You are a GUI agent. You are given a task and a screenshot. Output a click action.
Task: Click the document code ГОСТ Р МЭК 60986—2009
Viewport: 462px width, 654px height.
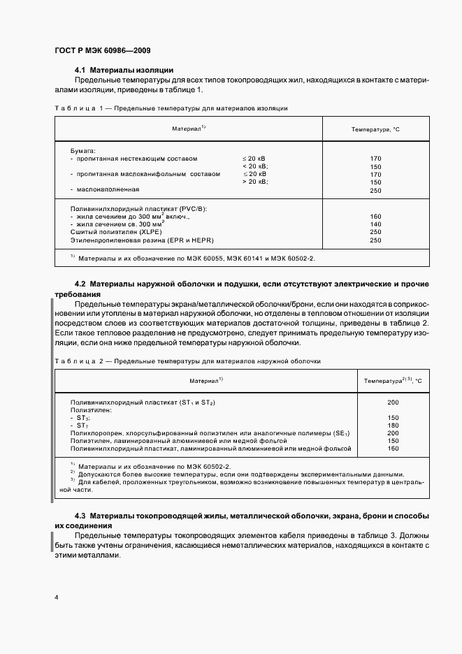[x=101, y=50]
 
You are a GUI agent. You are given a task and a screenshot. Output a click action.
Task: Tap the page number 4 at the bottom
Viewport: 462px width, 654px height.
[x=57, y=597]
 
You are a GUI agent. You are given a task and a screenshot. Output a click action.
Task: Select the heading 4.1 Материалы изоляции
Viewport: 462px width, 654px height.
[x=124, y=70]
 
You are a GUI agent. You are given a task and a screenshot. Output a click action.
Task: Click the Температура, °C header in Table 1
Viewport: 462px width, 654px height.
[x=375, y=130]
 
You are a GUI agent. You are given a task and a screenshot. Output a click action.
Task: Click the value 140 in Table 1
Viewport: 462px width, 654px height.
[x=375, y=224]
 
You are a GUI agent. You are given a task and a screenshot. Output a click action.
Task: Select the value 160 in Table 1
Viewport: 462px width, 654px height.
[x=375, y=217]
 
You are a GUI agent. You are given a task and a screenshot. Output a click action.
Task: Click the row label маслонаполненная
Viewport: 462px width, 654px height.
[x=108, y=189]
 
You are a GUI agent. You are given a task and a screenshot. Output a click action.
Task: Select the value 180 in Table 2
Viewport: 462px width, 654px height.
[x=392, y=426]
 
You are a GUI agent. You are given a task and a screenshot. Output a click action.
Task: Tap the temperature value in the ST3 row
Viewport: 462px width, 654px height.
[x=392, y=418]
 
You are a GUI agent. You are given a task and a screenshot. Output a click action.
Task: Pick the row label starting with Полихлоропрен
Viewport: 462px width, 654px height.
[x=210, y=433]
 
